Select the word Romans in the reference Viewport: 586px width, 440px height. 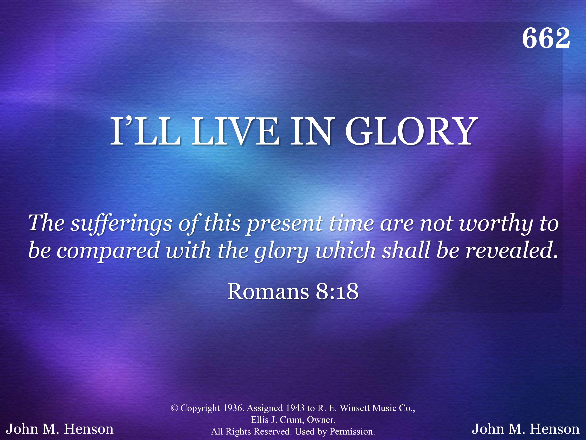(x=268, y=292)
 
